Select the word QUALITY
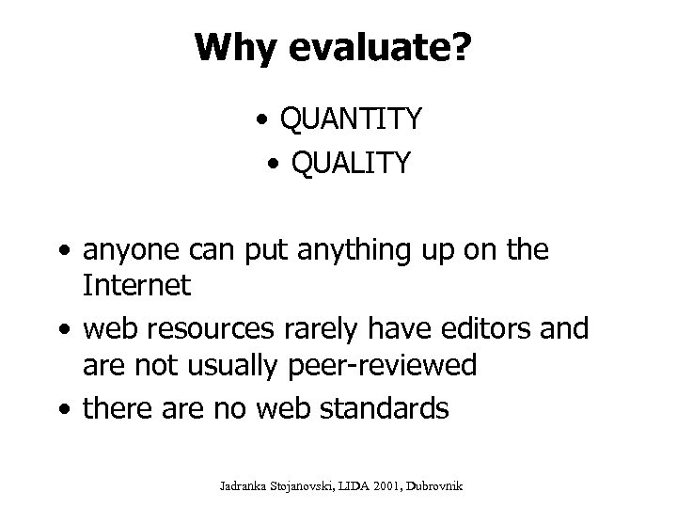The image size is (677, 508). click(x=352, y=164)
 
